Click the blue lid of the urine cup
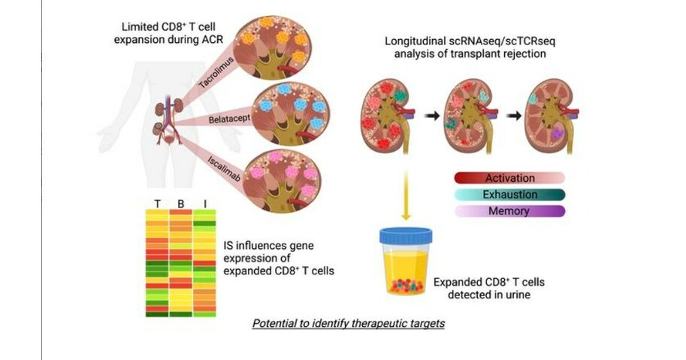pos(406,235)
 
